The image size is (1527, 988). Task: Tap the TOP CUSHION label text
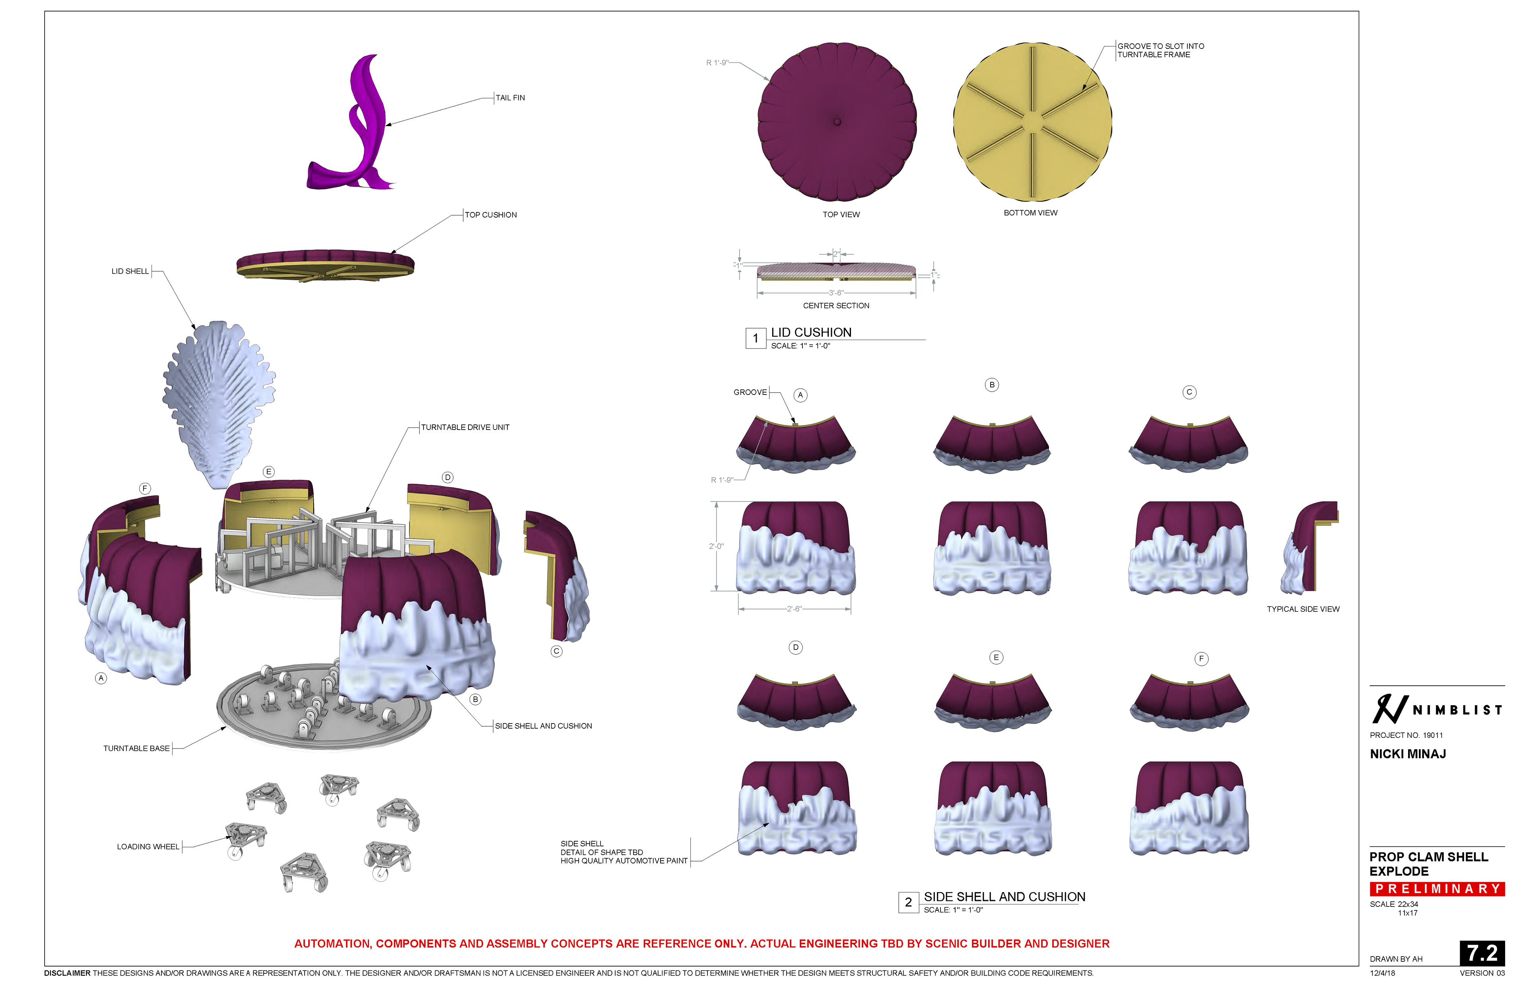[491, 215]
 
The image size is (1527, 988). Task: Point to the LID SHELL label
[130, 271]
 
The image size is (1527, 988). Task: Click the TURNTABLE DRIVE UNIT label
[465, 427]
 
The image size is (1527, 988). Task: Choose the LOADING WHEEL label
[148, 847]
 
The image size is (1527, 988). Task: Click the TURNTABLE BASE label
[137, 749]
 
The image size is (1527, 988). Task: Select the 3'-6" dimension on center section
[836, 293]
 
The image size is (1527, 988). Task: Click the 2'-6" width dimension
[794, 609]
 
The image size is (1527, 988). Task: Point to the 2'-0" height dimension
[716, 547]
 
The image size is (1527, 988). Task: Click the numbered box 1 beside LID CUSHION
[756, 338]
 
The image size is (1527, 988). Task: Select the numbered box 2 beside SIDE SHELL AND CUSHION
[908, 902]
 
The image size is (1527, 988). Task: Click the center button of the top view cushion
[837, 121]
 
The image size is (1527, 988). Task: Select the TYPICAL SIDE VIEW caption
[1303, 609]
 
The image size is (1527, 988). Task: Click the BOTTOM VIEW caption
[1030, 213]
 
